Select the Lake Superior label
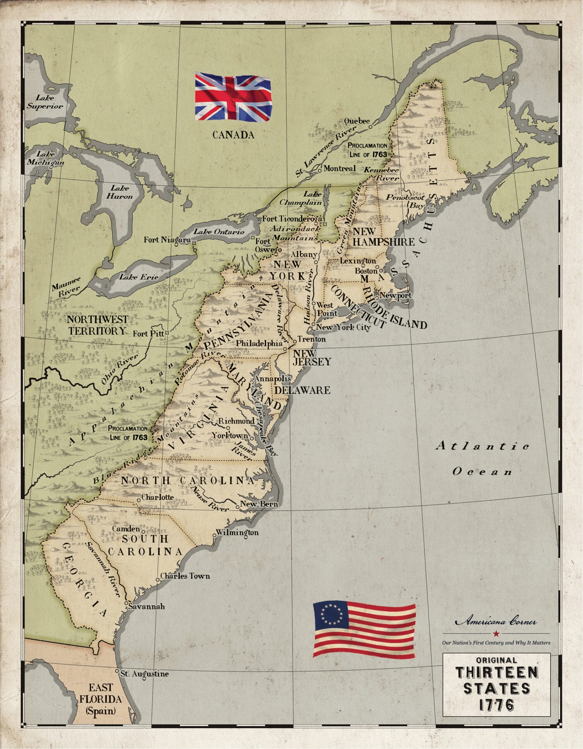pyautogui.click(x=45, y=102)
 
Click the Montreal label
pyautogui.click(x=339, y=169)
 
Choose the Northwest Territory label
pyautogui.click(x=97, y=325)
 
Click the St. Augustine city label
pyautogui.click(x=144, y=674)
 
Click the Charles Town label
pyautogui.click(x=184, y=576)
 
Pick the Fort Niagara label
pyautogui.click(x=167, y=240)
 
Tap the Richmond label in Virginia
pyautogui.click(x=237, y=421)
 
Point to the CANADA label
pyautogui.click(x=233, y=135)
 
